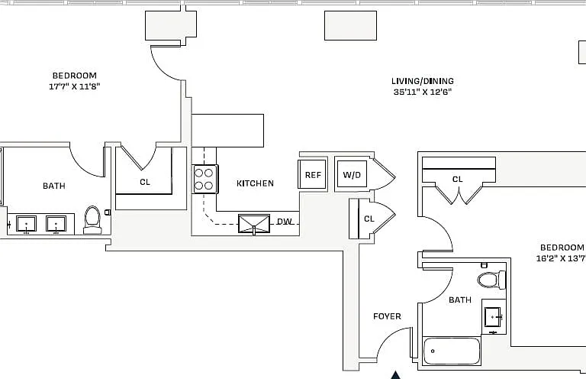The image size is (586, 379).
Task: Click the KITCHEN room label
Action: [255, 183]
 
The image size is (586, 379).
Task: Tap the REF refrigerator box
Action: [312, 174]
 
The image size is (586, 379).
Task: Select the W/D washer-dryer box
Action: [352, 174]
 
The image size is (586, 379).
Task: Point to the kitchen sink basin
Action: [254, 224]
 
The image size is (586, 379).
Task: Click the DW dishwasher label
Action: [285, 222]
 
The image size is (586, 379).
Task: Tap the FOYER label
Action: [387, 316]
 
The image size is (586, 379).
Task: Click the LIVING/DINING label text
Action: [422, 81]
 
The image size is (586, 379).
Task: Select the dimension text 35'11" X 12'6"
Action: [422, 92]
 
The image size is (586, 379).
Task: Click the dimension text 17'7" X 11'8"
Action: [74, 86]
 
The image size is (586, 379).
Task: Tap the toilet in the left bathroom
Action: [92, 219]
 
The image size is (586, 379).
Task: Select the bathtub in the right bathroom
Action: [452, 351]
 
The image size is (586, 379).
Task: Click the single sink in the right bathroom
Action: [494, 317]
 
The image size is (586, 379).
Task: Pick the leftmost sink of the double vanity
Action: [26, 224]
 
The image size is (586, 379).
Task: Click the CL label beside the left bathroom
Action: [145, 182]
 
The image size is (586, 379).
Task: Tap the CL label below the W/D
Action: [369, 219]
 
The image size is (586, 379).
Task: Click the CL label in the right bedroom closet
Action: [458, 180]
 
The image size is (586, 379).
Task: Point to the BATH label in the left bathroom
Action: [54, 186]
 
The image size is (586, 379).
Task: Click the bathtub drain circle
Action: [433, 351]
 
